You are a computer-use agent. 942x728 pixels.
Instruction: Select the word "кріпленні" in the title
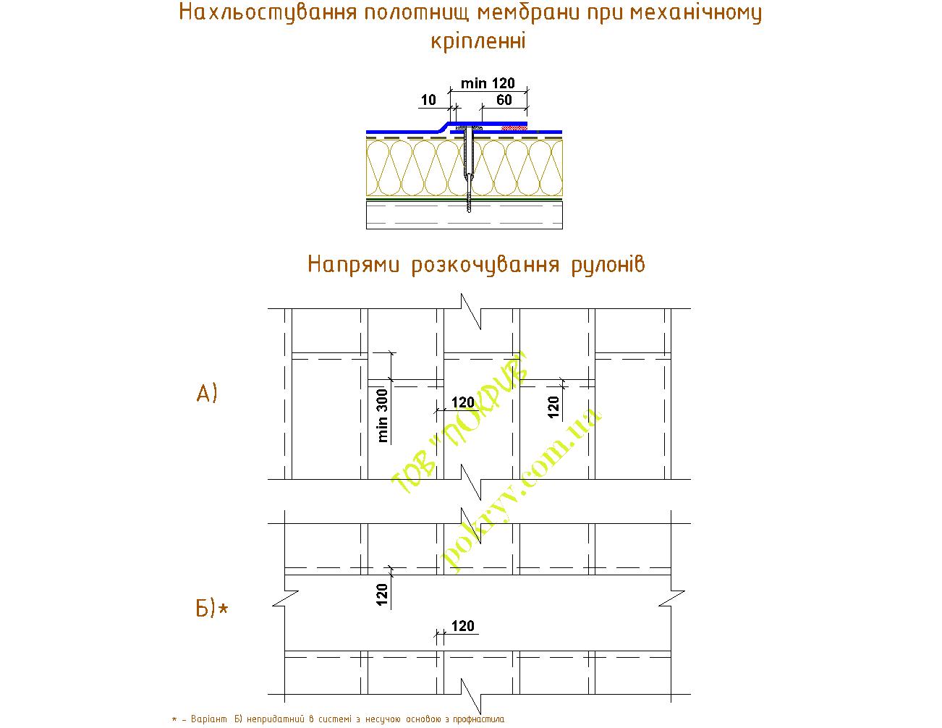click(x=478, y=41)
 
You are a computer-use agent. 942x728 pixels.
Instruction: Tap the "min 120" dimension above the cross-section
click(x=488, y=84)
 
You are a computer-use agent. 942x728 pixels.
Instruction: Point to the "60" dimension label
click(x=504, y=100)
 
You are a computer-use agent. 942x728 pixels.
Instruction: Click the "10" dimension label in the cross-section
click(x=428, y=100)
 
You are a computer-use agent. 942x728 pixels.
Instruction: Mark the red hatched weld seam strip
click(x=514, y=127)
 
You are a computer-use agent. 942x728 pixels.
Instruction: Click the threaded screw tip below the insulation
click(x=469, y=203)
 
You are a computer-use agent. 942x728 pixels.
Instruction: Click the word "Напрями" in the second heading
click(x=352, y=264)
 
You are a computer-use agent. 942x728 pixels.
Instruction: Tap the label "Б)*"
click(x=211, y=609)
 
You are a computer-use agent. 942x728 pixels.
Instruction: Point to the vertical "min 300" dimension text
click(x=383, y=416)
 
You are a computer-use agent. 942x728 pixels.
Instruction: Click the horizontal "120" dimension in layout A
click(x=462, y=402)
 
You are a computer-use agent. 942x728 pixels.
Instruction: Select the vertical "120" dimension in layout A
click(x=553, y=408)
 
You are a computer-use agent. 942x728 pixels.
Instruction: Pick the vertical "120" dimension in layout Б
click(x=383, y=593)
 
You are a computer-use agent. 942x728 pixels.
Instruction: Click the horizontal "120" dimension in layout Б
click(x=462, y=626)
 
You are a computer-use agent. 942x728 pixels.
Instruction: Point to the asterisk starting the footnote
click(x=174, y=719)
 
